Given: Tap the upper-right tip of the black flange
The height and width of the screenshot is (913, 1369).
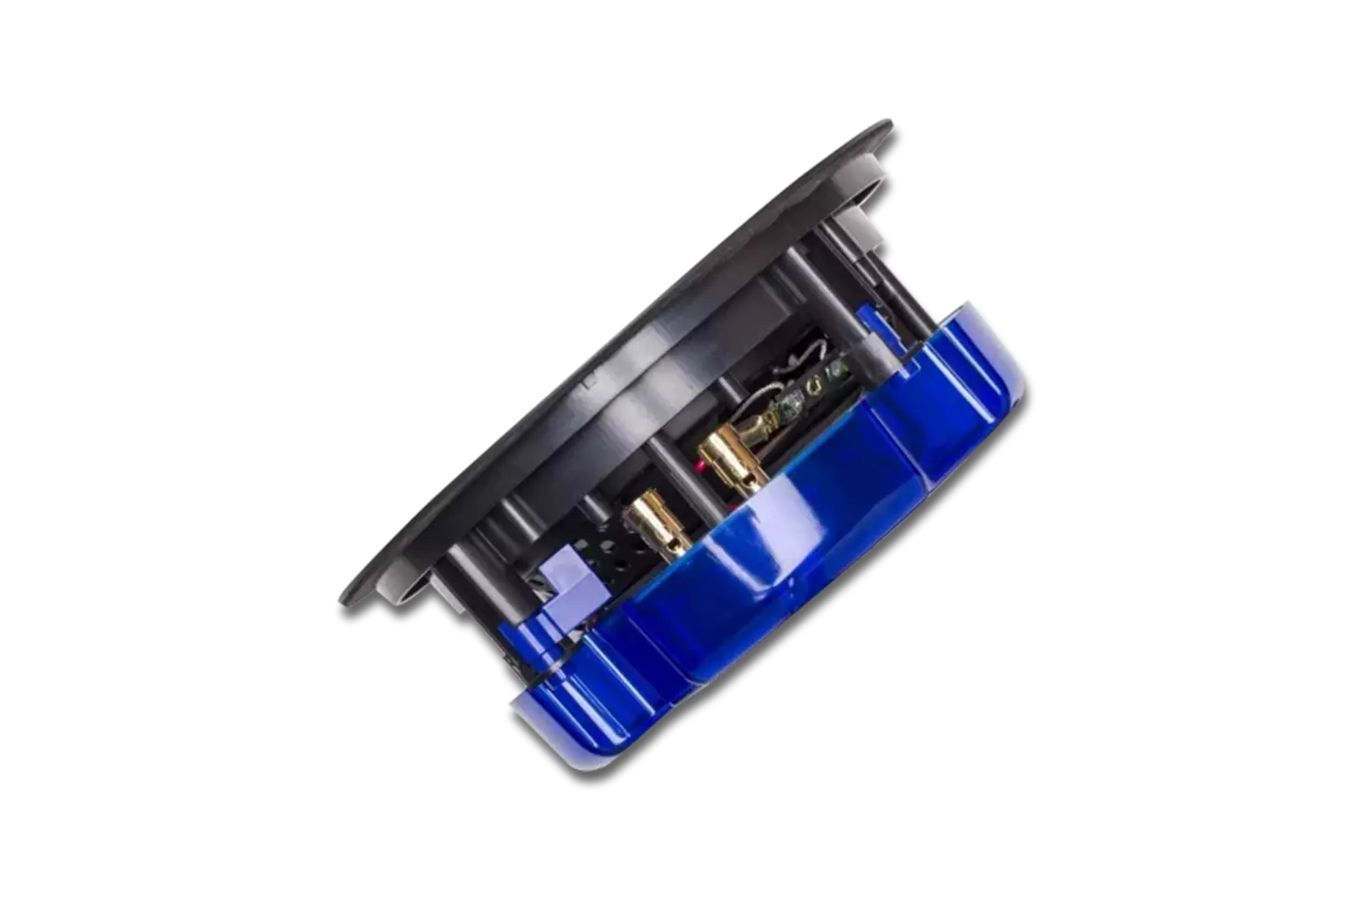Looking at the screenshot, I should point(890,121).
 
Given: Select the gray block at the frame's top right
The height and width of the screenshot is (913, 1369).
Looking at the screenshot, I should point(857,223).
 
